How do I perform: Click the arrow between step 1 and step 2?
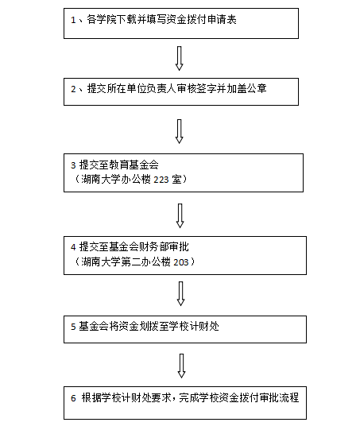[x=180, y=58]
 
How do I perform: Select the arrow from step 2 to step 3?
[x=180, y=131]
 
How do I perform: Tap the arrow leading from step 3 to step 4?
[x=180, y=216]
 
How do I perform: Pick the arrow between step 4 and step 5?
[x=180, y=294]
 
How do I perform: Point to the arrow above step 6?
[x=181, y=366]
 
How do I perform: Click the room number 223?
[x=161, y=180]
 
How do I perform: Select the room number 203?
[x=181, y=262]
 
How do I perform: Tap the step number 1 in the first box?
[x=73, y=20]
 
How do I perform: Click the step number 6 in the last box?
[x=73, y=398]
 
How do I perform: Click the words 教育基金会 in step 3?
[x=134, y=165]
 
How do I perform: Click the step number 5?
[x=73, y=327]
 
